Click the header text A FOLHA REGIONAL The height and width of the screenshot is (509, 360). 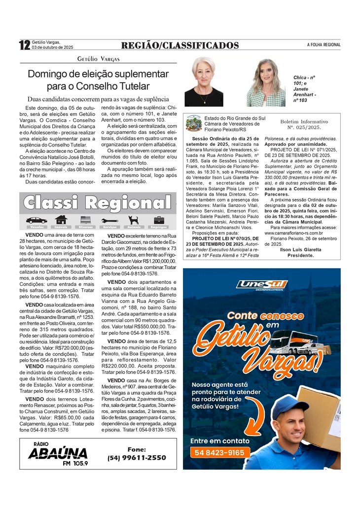pyautogui.click(x=324, y=45)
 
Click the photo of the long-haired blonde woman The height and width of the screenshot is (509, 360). pyautogui.click(x=266, y=83)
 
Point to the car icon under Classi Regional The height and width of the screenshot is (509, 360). pyautogui.click(x=36, y=220)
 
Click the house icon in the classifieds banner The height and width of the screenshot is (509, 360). pyautogui.click(x=61, y=220)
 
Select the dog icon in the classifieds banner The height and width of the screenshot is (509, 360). pyautogui.click(x=134, y=220)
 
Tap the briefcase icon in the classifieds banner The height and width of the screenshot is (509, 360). pyautogui.click(x=159, y=220)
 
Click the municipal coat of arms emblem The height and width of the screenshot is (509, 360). pyautogui.click(x=193, y=123)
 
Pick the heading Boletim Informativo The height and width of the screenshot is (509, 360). pyautogui.click(x=304, y=121)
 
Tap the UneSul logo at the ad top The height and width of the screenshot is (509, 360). pyautogui.click(x=261, y=284)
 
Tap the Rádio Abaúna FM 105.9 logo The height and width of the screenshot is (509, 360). pyautogui.click(x=58, y=453)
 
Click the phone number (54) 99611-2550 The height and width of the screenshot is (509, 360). pyautogui.click(x=137, y=458)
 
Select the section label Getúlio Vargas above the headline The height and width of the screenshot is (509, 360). pyautogui.click(x=99, y=59)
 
